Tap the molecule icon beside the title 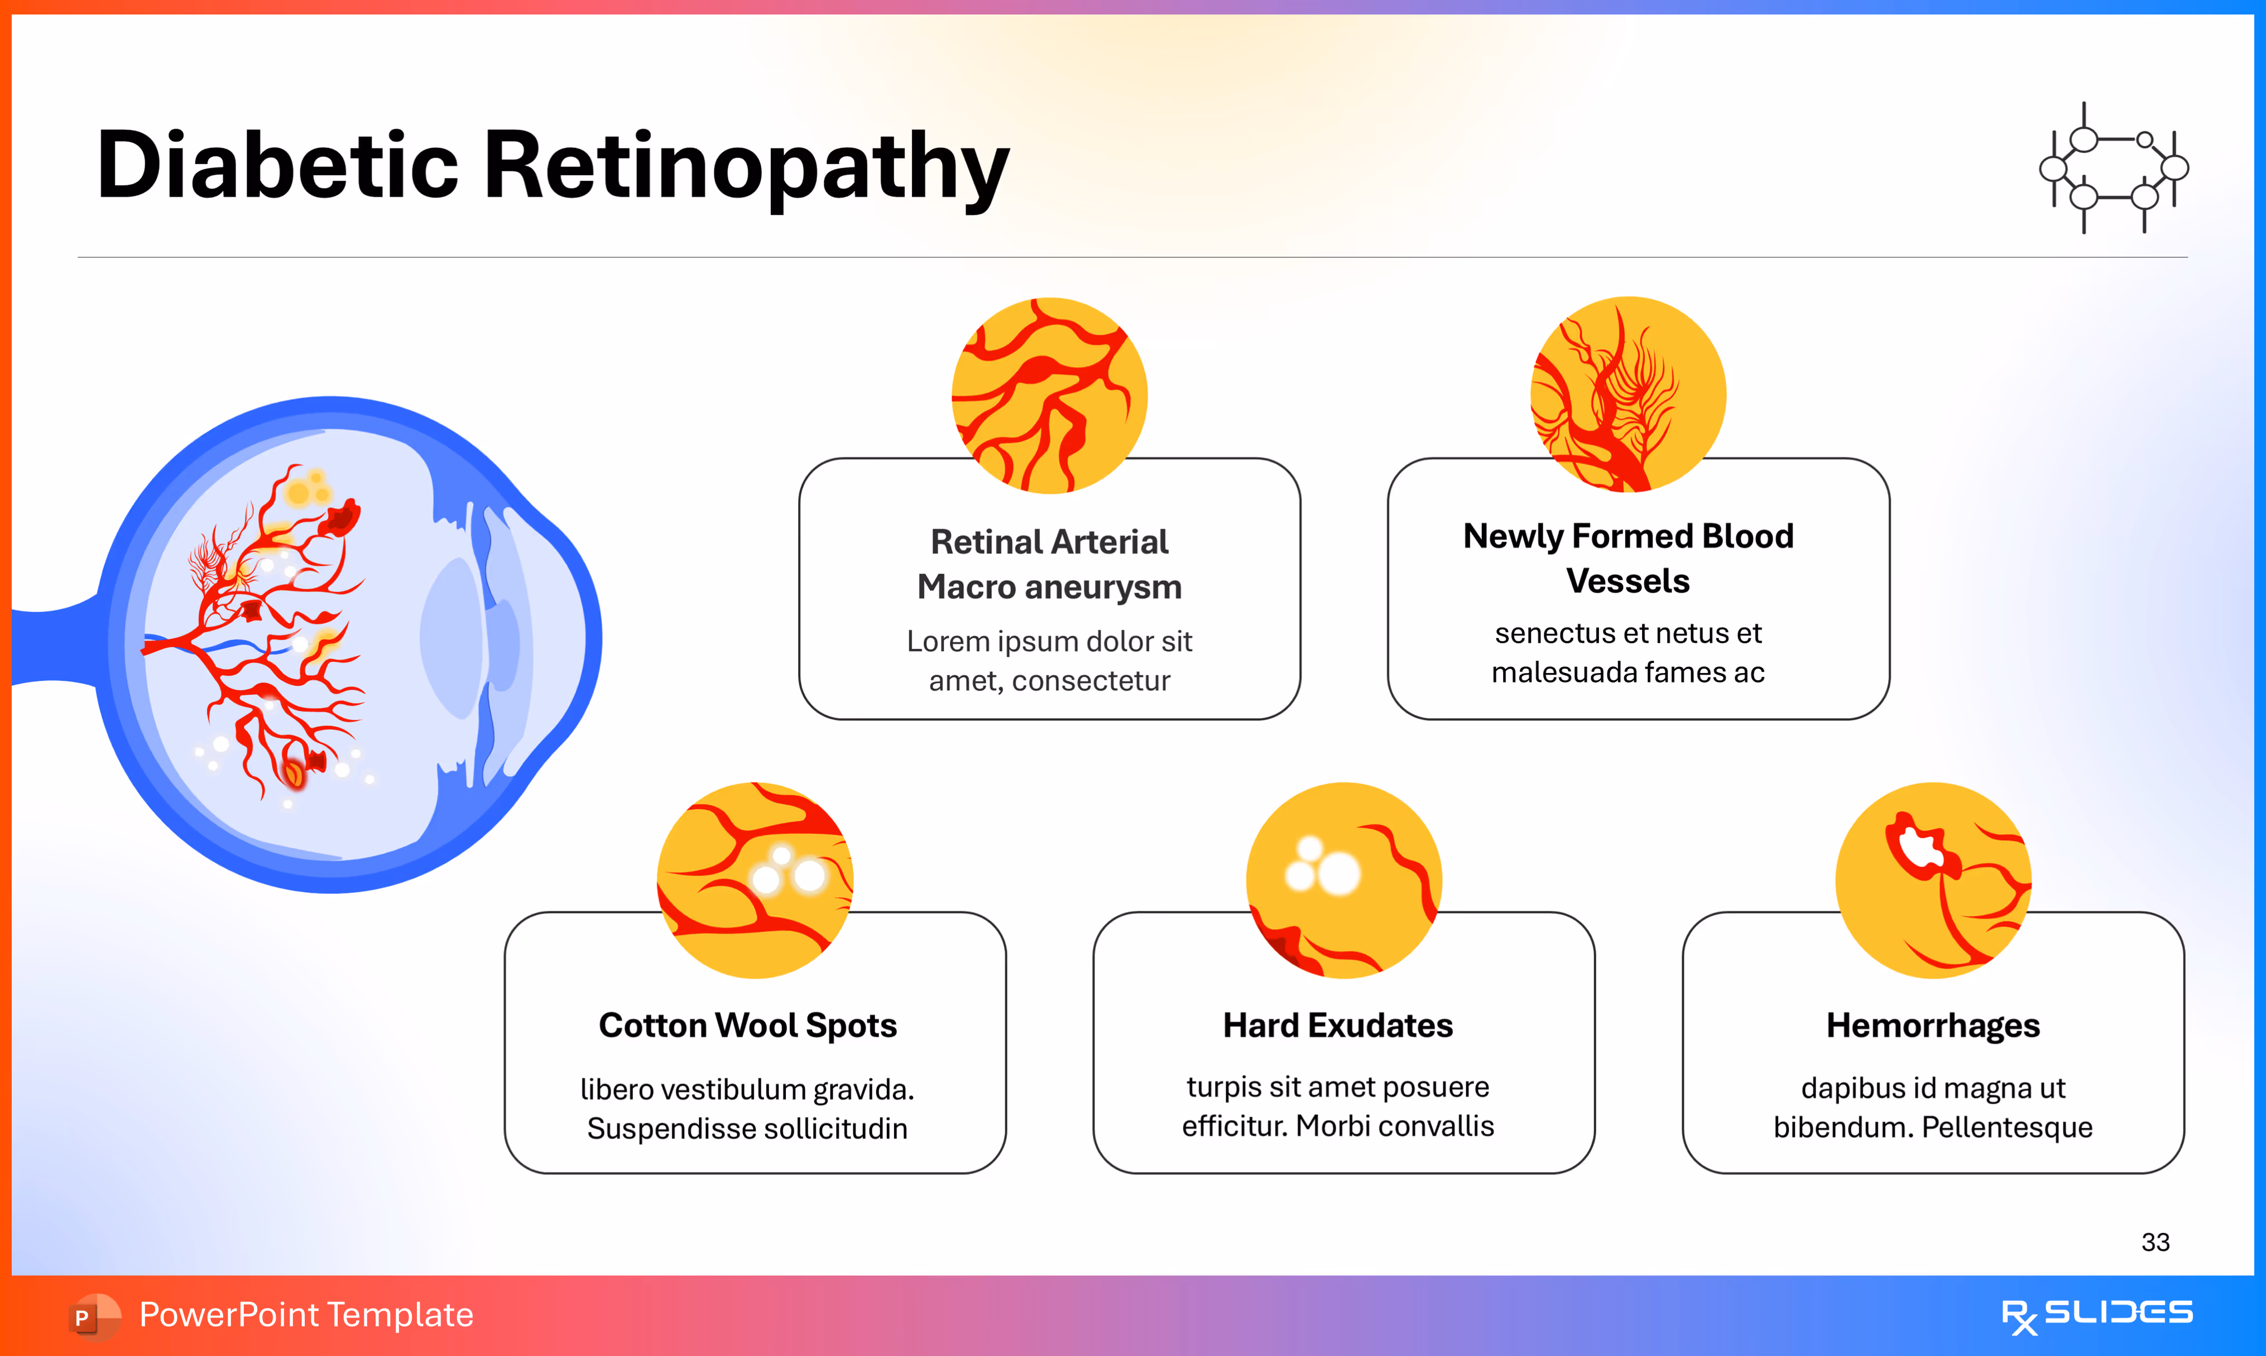(x=2114, y=168)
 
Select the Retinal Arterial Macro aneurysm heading (x=1049, y=564)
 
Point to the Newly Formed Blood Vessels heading (x=1628, y=558)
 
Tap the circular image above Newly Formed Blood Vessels (x=1628, y=395)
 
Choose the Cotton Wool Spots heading (x=747, y=1025)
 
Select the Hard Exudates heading (x=1338, y=1025)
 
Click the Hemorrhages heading (x=1932, y=1025)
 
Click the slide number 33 (x=2154, y=1242)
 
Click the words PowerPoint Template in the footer (x=306, y=1315)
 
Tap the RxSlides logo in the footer (x=2096, y=1315)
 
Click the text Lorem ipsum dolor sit (x=1049, y=642)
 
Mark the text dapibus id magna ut (x=1932, y=1088)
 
